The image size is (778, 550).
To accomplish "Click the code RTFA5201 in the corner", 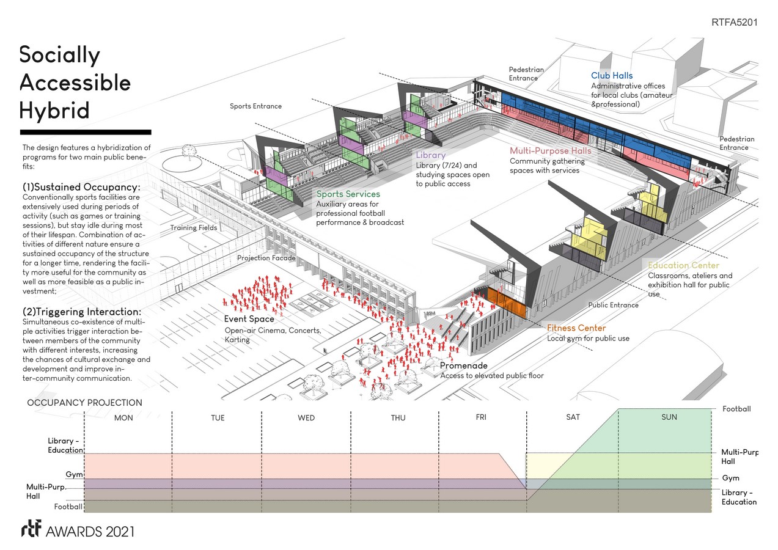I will click(x=734, y=23).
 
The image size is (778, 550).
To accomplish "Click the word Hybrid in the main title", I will click(x=54, y=110).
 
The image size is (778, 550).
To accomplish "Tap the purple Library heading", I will click(x=430, y=155).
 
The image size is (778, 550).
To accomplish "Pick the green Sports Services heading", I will click(x=348, y=194).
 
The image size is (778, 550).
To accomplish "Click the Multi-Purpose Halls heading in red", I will click(x=551, y=151).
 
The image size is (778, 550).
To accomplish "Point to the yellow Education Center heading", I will click(x=683, y=266).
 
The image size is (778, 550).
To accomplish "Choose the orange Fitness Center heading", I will click(x=576, y=328).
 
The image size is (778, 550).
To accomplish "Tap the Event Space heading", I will click(x=249, y=319).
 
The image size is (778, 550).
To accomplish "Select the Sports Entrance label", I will click(x=255, y=106).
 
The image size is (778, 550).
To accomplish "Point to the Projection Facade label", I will click(x=266, y=258).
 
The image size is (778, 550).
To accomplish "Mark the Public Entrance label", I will click(x=613, y=305).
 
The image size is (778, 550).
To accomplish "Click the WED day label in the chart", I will click(x=306, y=418).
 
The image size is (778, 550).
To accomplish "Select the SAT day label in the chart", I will click(x=573, y=417).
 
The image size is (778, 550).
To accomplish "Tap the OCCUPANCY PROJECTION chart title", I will click(x=84, y=403).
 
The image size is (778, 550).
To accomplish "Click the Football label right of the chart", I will click(x=736, y=409).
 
